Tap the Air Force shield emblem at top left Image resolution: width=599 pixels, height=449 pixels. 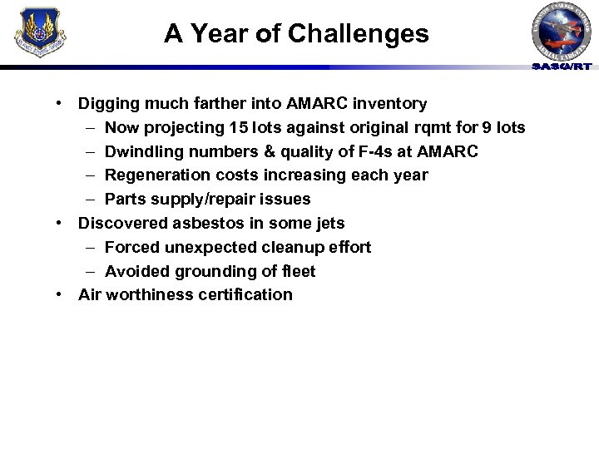(40, 32)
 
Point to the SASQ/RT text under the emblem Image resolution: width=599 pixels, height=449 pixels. (562, 67)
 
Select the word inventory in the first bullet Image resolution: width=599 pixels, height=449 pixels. (391, 104)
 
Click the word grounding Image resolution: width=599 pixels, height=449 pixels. (210, 271)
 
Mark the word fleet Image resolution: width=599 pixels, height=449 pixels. (298, 271)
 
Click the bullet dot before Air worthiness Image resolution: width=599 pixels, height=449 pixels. (62, 294)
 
